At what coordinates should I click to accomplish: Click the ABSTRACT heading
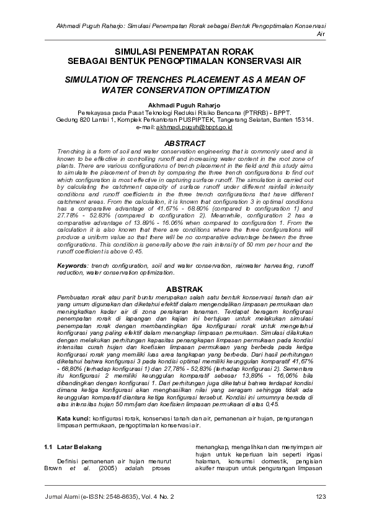pyautogui.click(x=184, y=143)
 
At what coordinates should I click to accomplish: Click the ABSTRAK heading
pyautogui.click(x=184, y=289)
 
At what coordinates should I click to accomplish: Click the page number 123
pyautogui.click(x=321, y=496)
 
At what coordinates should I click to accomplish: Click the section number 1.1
pyautogui.click(x=49, y=447)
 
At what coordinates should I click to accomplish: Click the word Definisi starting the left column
pyautogui.click(x=70, y=462)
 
